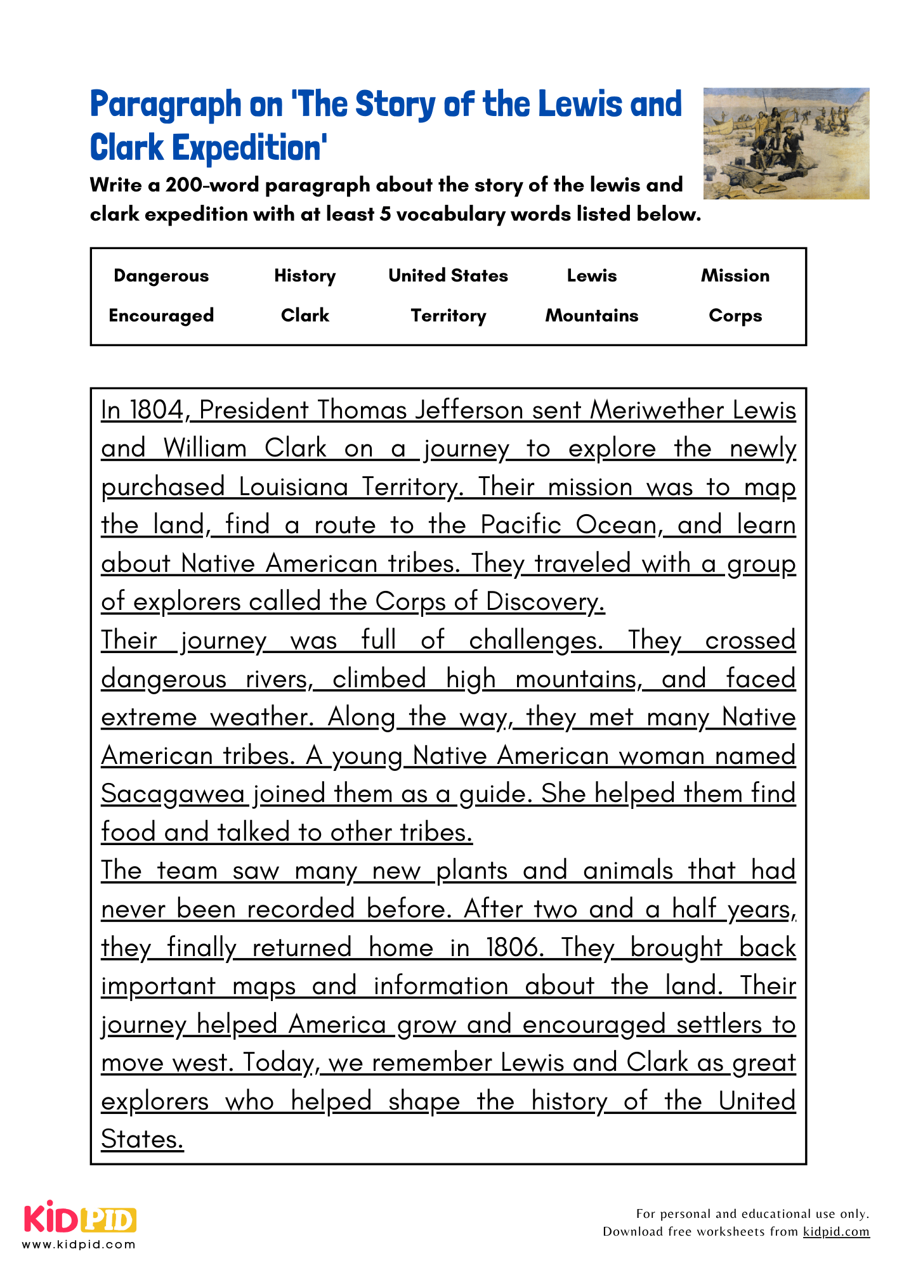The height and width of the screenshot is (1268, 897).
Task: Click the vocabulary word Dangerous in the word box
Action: pos(161,276)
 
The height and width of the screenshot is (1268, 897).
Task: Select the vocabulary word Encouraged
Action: pos(161,316)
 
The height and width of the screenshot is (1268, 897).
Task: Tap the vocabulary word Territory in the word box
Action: pos(448,316)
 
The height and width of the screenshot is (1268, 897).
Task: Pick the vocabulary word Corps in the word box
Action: pos(735,316)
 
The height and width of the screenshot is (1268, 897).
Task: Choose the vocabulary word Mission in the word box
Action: pos(735,276)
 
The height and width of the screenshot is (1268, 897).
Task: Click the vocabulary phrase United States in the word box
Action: pos(448,276)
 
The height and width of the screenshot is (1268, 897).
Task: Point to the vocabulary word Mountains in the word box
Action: pos(591,316)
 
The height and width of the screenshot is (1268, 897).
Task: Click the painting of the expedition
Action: pos(786,143)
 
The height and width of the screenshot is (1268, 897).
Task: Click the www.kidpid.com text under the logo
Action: pos(79,1245)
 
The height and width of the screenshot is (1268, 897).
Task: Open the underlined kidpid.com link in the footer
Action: pos(835,1232)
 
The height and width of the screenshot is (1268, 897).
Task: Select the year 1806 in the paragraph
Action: pos(514,948)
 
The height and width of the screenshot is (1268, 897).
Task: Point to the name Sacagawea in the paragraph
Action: pos(173,794)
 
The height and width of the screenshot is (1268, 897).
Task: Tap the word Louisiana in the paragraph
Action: pos(293,488)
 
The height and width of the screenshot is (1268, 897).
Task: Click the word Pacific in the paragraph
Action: pos(520,526)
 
